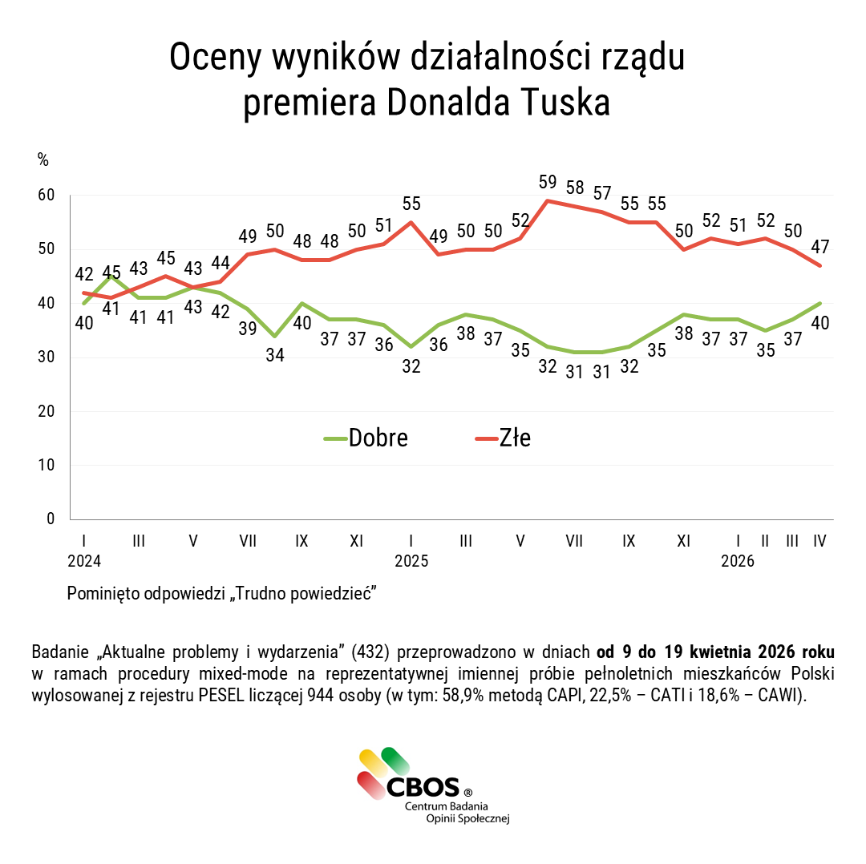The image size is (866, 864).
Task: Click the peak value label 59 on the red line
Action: pos(547,183)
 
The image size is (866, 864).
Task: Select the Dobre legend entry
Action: pos(366,438)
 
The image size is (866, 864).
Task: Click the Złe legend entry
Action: pos(504,438)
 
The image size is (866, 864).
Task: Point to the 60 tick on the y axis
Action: pos(46,195)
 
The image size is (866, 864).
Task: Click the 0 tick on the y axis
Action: pos(51,519)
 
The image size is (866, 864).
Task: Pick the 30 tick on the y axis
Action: pos(46,357)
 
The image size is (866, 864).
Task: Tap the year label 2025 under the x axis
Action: pos(411,562)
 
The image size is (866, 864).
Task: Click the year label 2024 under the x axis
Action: pos(84,562)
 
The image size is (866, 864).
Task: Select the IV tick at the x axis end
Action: pos(819,541)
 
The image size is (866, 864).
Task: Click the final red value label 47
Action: pos(819,246)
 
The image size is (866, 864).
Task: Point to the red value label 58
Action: pos(574,188)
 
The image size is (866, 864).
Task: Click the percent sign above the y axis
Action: pos(43,159)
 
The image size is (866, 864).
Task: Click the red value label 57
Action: pos(601,193)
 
